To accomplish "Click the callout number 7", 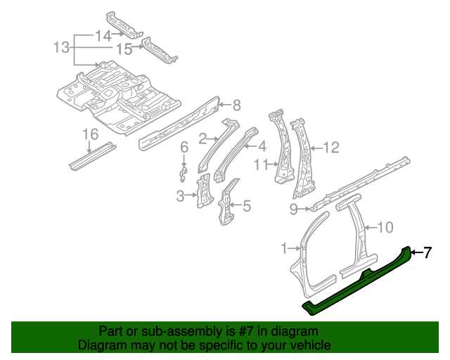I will [427, 252].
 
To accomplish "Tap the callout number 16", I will [89, 134].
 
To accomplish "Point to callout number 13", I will [62, 48].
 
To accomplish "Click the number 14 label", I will [103, 35].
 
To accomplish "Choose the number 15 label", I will [124, 49].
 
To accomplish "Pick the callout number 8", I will [236, 105].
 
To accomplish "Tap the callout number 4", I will [262, 146].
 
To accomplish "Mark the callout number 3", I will [180, 195].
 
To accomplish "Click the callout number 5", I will [246, 206].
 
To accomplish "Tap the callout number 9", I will [293, 208].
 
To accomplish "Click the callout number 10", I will [385, 227].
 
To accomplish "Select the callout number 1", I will [284, 248].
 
